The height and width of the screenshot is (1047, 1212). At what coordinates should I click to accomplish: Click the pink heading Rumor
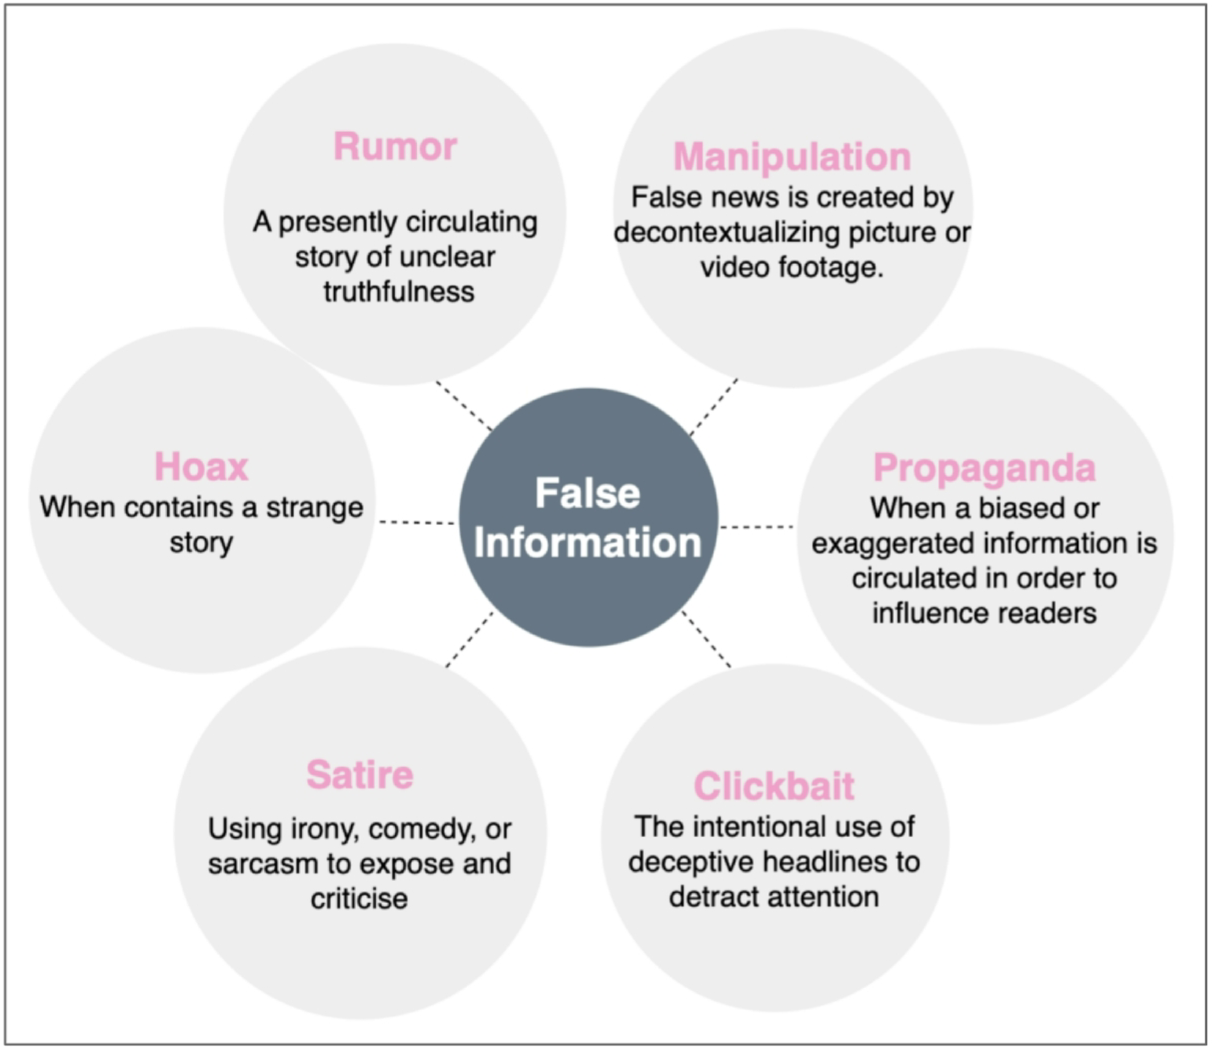[395, 147]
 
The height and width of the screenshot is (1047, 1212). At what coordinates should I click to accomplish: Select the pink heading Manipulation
[792, 157]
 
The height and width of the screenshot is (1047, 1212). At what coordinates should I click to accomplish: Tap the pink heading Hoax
[202, 467]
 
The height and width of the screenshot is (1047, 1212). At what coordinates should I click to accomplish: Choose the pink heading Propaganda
[984, 468]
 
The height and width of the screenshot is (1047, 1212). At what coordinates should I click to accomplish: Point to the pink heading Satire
[360, 775]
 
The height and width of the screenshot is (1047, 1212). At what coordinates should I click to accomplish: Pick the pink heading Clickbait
[774, 786]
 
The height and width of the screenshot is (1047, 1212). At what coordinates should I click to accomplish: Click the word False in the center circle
[588, 493]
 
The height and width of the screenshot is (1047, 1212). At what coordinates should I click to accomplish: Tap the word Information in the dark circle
[588, 543]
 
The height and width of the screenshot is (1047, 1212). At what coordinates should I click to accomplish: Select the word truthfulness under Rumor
[399, 292]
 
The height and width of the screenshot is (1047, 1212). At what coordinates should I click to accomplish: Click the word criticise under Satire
[359, 898]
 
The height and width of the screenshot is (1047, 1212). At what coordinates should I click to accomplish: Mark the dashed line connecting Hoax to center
[417, 522]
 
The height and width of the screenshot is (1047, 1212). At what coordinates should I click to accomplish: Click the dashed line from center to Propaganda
[757, 526]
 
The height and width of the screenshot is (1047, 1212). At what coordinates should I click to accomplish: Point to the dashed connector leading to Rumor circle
[463, 405]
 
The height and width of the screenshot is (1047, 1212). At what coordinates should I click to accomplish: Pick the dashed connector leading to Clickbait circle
[706, 639]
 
